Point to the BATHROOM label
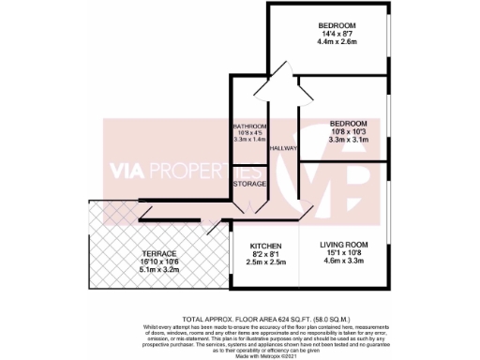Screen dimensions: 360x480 tap(250, 126)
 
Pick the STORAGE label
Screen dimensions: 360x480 tap(250, 185)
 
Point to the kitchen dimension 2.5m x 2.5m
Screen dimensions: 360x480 tap(266, 262)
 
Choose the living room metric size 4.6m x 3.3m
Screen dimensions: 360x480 tap(341, 262)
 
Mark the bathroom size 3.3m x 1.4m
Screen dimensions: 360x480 tap(250, 139)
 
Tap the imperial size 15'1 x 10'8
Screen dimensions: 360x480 tap(341, 254)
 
